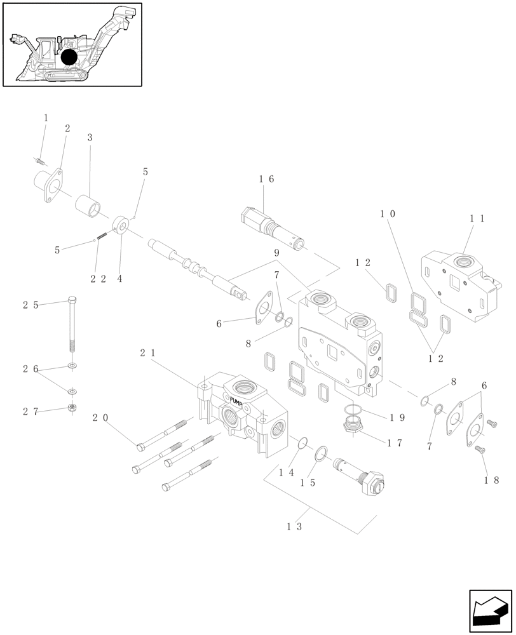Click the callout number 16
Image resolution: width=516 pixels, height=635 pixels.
(x=266, y=180)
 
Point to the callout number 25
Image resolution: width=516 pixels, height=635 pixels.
(x=31, y=305)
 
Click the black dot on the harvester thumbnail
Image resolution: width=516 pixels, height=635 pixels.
(x=69, y=57)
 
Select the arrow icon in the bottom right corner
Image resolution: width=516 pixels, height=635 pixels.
(x=490, y=612)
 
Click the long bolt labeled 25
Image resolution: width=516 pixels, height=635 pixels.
(x=72, y=327)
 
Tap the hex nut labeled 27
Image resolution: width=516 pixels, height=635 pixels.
(x=72, y=408)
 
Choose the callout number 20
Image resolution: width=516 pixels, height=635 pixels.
(x=100, y=418)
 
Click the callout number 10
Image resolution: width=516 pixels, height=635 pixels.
(x=388, y=214)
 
